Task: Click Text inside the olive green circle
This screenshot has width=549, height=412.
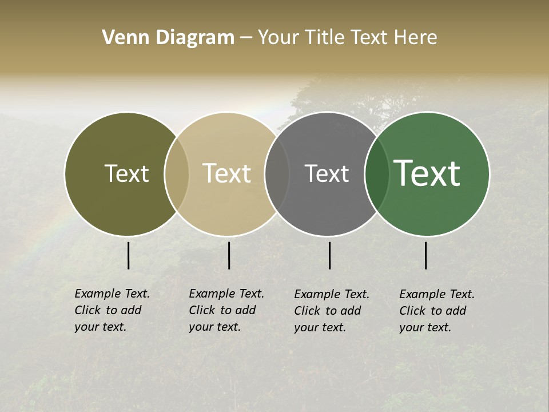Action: pyautogui.click(x=126, y=173)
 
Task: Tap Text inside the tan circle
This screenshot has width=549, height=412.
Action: pyautogui.click(x=226, y=173)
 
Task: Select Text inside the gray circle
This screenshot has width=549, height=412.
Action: pyautogui.click(x=327, y=173)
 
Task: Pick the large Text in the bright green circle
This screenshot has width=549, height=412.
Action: pyautogui.click(x=427, y=173)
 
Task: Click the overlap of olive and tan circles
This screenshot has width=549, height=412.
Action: pyautogui.click(x=177, y=174)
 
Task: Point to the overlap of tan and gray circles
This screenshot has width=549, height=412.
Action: pyautogui.click(x=277, y=174)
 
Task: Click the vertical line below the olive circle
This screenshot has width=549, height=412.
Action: pyautogui.click(x=128, y=255)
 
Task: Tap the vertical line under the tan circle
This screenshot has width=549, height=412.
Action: pyautogui.click(x=229, y=255)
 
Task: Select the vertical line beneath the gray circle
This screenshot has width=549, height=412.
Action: pyautogui.click(x=329, y=255)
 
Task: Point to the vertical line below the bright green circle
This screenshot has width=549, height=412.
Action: pyautogui.click(x=425, y=255)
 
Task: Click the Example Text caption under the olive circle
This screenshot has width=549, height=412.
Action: pyautogui.click(x=112, y=310)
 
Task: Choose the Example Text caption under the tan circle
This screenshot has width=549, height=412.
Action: pyautogui.click(x=226, y=310)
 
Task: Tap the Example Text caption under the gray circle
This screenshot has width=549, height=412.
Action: pyautogui.click(x=331, y=311)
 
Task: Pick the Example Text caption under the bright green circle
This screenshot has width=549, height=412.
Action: pyautogui.click(x=436, y=311)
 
